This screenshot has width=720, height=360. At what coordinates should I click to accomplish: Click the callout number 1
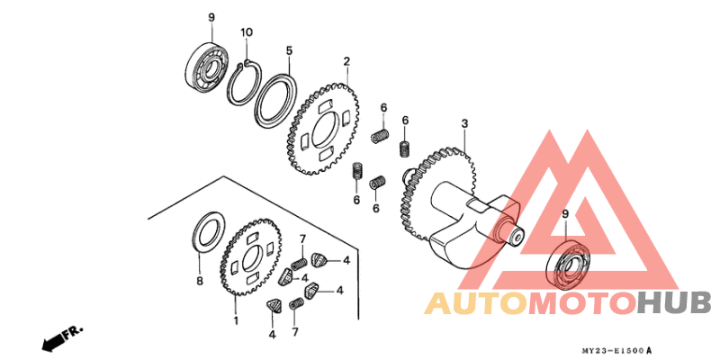click(237, 320)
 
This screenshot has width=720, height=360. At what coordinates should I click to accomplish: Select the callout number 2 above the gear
click(346, 61)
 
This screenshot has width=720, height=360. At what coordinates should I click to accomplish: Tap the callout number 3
click(464, 123)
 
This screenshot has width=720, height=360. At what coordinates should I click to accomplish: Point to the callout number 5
click(289, 50)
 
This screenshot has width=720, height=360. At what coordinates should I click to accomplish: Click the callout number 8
click(200, 281)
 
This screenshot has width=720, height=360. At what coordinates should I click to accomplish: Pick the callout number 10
click(247, 32)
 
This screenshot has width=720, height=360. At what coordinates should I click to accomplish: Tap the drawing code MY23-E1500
click(616, 350)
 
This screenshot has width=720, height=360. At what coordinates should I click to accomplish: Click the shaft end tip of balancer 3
click(519, 236)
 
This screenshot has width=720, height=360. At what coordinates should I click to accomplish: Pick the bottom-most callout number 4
click(272, 334)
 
